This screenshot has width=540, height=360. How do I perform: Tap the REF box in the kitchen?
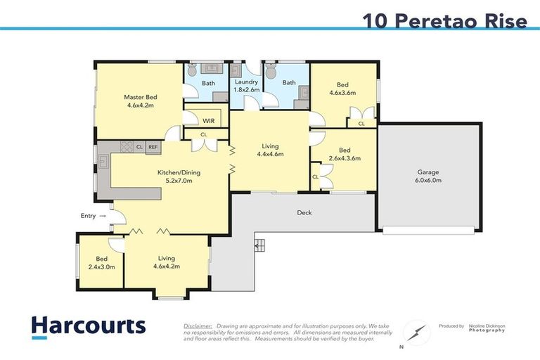pos(153,147)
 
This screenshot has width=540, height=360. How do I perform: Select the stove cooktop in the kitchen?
pos(127,147)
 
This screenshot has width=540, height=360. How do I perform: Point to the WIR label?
pos(208,120)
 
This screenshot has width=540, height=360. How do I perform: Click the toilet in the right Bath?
pos(271,70)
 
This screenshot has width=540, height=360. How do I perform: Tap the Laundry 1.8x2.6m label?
pos(246,86)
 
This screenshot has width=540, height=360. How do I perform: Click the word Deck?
pos(304,212)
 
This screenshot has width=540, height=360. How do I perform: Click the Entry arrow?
pos(103,216)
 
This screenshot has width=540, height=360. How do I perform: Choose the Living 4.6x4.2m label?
pos(167,262)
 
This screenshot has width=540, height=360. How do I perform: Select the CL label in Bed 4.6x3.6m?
pos(361,124)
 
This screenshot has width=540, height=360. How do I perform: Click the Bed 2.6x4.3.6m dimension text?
pos(345,158)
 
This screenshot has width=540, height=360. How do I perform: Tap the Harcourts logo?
pos(88,326)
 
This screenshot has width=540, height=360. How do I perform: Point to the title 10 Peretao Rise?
pos(444,21)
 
